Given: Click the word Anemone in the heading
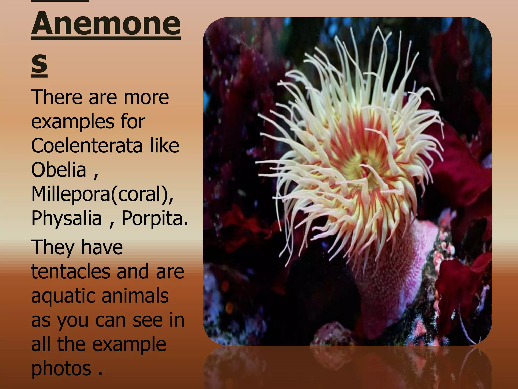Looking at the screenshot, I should (106, 24).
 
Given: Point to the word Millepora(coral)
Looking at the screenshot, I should (102, 194).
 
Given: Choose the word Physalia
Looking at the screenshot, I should (67, 218).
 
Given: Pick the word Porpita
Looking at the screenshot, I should (155, 218).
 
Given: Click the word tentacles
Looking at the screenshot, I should (70, 271).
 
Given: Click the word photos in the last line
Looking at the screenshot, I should (61, 368).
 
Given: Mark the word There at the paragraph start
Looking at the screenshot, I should (57, 97).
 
